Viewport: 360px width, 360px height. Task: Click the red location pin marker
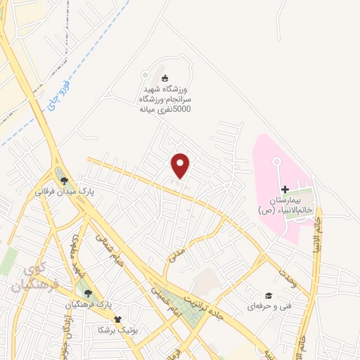[181, 165]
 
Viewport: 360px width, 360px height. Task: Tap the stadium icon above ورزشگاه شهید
[165, 78]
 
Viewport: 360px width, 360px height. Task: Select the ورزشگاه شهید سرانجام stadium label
[166, 99]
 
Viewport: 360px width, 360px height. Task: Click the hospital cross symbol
[285, 189]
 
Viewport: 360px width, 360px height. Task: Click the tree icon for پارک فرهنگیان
[87, 293]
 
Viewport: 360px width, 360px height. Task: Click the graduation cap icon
[268, 295]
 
